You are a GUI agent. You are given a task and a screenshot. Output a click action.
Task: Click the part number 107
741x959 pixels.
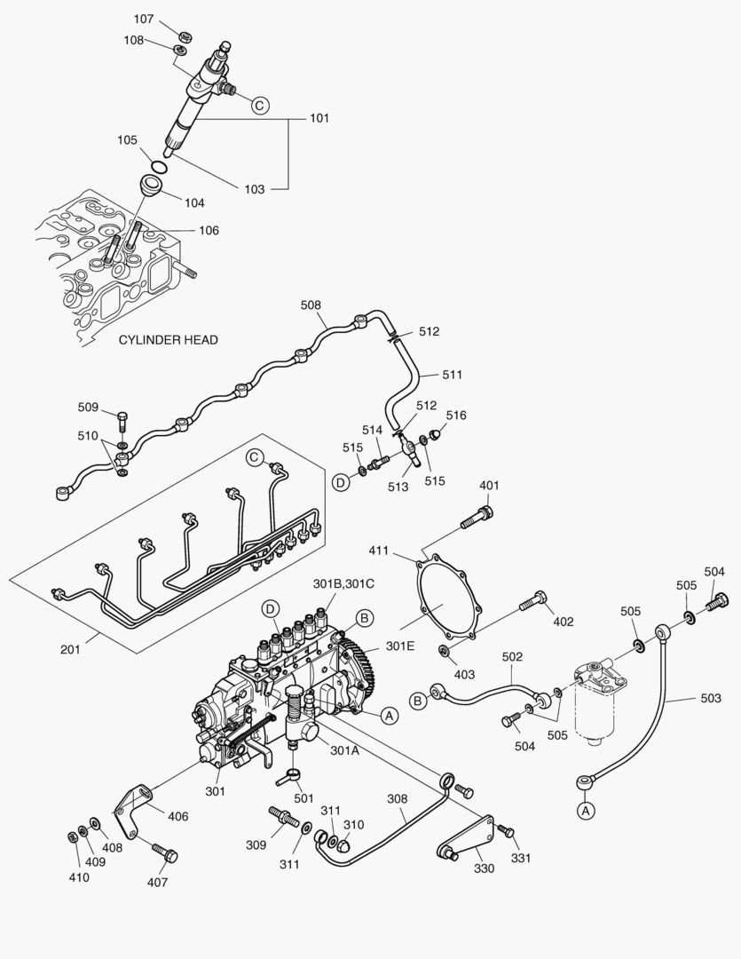point(144,19)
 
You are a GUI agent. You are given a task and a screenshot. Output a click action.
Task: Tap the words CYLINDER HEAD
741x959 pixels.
point(168,339)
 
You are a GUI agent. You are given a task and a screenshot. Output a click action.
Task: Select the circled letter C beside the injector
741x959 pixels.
point(259,105)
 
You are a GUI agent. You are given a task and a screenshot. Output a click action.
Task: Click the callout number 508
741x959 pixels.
point(311,305)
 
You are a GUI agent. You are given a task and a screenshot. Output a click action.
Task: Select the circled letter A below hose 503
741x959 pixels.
point(585,809)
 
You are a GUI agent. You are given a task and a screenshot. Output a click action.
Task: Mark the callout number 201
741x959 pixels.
point(70,649)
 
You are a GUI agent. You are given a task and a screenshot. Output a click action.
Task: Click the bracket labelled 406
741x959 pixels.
point(129,810)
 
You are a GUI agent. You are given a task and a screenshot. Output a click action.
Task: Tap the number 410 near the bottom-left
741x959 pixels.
point(79,877)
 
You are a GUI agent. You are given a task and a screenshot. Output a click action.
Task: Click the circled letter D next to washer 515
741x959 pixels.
point(340,482)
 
